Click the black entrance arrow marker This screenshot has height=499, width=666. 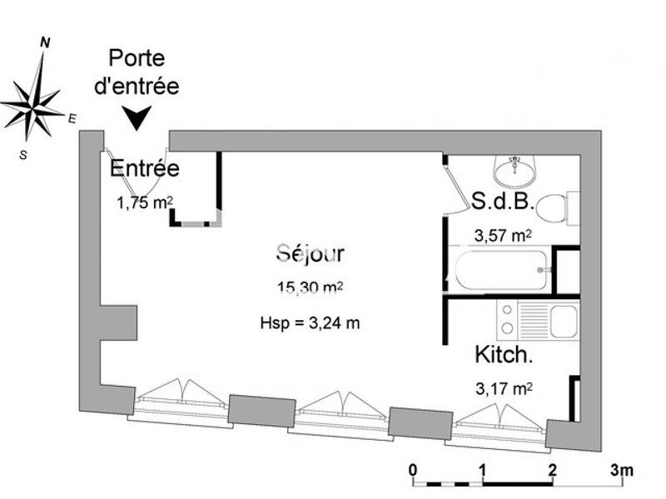point(137,119)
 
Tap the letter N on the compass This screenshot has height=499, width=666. point(47,42)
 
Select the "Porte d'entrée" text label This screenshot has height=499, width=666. point(137,72)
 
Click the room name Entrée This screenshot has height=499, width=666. point(145,169)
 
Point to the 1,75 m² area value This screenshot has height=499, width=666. point(144,202)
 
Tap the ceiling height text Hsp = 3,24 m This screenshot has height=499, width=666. point(310,324)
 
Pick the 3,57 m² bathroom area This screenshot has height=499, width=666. point(502,236)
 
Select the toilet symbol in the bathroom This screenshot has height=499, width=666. point(569,207)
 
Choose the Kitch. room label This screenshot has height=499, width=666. point(503,355)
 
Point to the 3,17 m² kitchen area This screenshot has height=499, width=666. point(503,388)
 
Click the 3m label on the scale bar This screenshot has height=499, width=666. point(622,471)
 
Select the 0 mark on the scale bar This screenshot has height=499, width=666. point(414,471)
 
